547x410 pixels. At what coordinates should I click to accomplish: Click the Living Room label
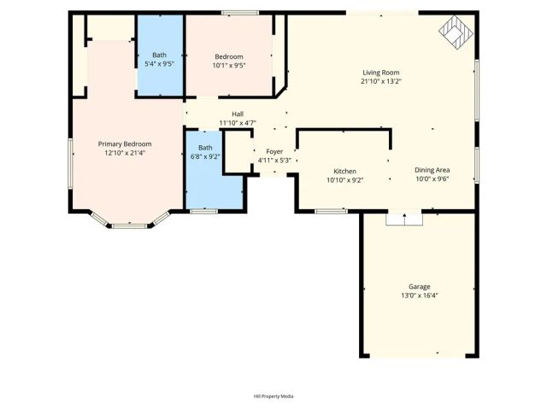point(381,73)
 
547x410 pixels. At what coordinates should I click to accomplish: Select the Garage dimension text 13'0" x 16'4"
point(419,296)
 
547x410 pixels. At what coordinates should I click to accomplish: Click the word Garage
point(419,286)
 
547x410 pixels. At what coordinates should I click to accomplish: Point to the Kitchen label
point(344,171)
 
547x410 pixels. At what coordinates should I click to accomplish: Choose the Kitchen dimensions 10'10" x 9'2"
point(344,180)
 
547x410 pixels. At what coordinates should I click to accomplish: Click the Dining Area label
point(432,170)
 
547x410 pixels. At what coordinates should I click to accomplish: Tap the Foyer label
point(274,151)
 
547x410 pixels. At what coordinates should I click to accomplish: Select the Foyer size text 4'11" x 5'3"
point(274,161)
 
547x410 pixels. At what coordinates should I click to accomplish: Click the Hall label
point(238,114)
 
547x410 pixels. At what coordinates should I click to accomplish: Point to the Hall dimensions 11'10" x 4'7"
point(238,123)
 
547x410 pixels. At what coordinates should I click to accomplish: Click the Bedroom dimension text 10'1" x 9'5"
point(229,65)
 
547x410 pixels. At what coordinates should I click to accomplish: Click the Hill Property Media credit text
point(273,396)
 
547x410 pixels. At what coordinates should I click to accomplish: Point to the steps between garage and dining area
point(404,220)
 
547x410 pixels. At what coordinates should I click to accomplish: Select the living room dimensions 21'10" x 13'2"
point(381,82)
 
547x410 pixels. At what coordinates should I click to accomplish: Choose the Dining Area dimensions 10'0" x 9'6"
point(432,179)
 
